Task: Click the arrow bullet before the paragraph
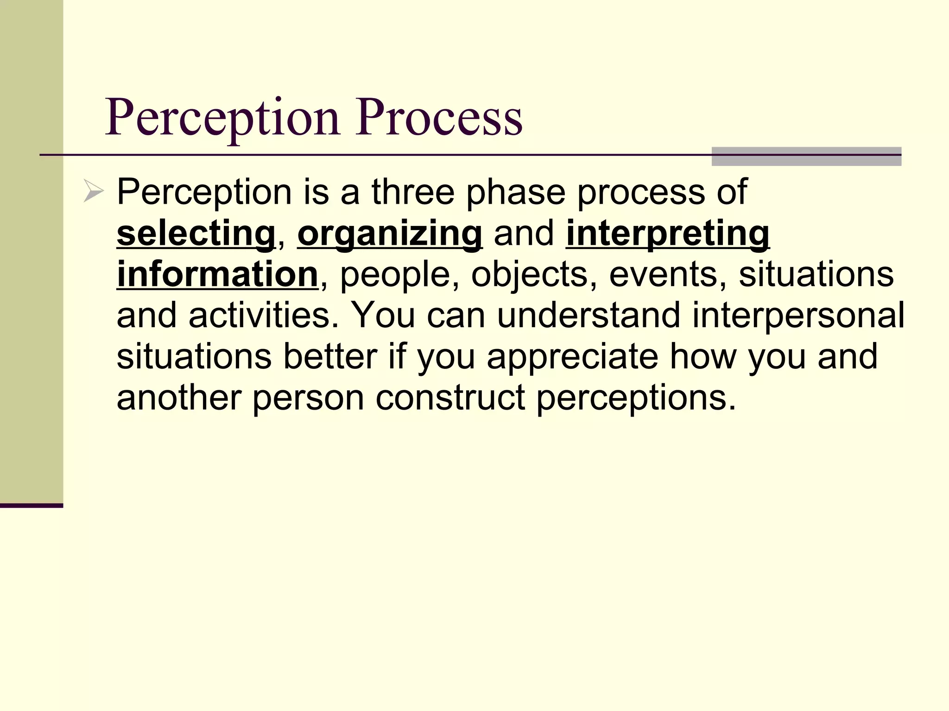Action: tap(93, 192)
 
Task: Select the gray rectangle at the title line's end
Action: tap(806, 156)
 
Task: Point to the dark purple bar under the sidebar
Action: tap(31, 505)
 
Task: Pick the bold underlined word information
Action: tap(217, 274)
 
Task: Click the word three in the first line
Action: tap(413, 192)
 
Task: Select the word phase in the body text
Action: tap(516, 192)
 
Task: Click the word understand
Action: tap(589, 315)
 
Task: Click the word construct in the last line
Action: tap(450, 398)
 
